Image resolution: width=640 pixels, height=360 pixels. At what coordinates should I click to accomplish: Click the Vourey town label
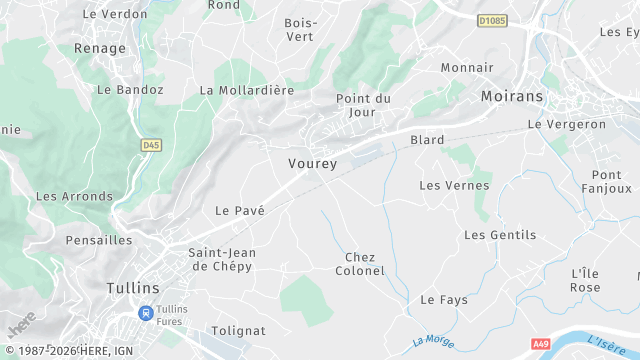click(312, 163)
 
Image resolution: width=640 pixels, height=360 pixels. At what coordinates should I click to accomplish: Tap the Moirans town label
click(511, 96)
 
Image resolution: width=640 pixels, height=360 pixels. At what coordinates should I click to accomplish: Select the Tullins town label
click(132, 288)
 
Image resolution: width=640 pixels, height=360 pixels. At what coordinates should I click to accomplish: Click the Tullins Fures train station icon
click(147, 313)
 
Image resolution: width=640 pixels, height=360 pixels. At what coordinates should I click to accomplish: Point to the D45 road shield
click(150, 145)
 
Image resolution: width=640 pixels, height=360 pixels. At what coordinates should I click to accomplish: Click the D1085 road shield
click(492, 19)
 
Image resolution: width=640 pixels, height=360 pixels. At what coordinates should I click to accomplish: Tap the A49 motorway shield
click(541, 343)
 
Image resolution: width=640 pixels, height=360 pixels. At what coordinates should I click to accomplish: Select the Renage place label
click(100, 48)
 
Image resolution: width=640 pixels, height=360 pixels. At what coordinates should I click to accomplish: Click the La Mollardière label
click(247, 89)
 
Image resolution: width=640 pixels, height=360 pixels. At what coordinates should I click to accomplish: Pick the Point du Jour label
click(363, 105)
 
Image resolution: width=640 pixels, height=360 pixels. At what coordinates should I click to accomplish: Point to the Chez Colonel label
click(359, 264)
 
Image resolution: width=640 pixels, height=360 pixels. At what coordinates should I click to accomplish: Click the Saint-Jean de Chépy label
click(221, 259)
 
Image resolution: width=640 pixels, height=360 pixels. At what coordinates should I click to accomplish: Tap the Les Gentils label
click(500, 235)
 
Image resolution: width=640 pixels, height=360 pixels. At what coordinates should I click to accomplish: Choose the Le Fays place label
click(444, 299)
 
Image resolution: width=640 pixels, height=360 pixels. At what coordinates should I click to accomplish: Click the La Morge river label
click(432, 341)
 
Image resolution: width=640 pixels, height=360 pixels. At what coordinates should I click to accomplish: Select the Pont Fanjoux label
click(606, 181)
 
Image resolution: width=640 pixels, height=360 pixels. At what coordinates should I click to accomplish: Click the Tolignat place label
click(239, 330)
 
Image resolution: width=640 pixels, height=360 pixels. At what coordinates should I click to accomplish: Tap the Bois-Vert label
click(299, 29)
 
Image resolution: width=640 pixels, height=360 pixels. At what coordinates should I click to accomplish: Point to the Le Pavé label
click(240, 210)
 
